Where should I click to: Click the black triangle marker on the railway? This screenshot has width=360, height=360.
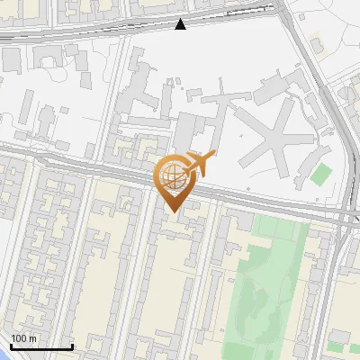click(x=181, y=24)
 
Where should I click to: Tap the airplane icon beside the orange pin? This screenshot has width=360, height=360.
click(x=199, y=164)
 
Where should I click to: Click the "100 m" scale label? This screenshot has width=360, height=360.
click(x=24, y=338)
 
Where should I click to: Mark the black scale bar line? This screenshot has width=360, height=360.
click(x=41, y=346)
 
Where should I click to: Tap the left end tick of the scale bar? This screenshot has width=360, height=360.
click(x=11, y=346)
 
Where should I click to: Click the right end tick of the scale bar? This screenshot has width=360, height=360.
click(x=72, y=346)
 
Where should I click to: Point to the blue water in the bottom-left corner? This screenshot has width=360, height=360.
click(x=3, y=354)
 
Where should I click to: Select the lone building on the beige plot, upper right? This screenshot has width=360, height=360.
click(x=317, y=43)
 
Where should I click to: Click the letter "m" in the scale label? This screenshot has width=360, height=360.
click(x=32, y=338)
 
